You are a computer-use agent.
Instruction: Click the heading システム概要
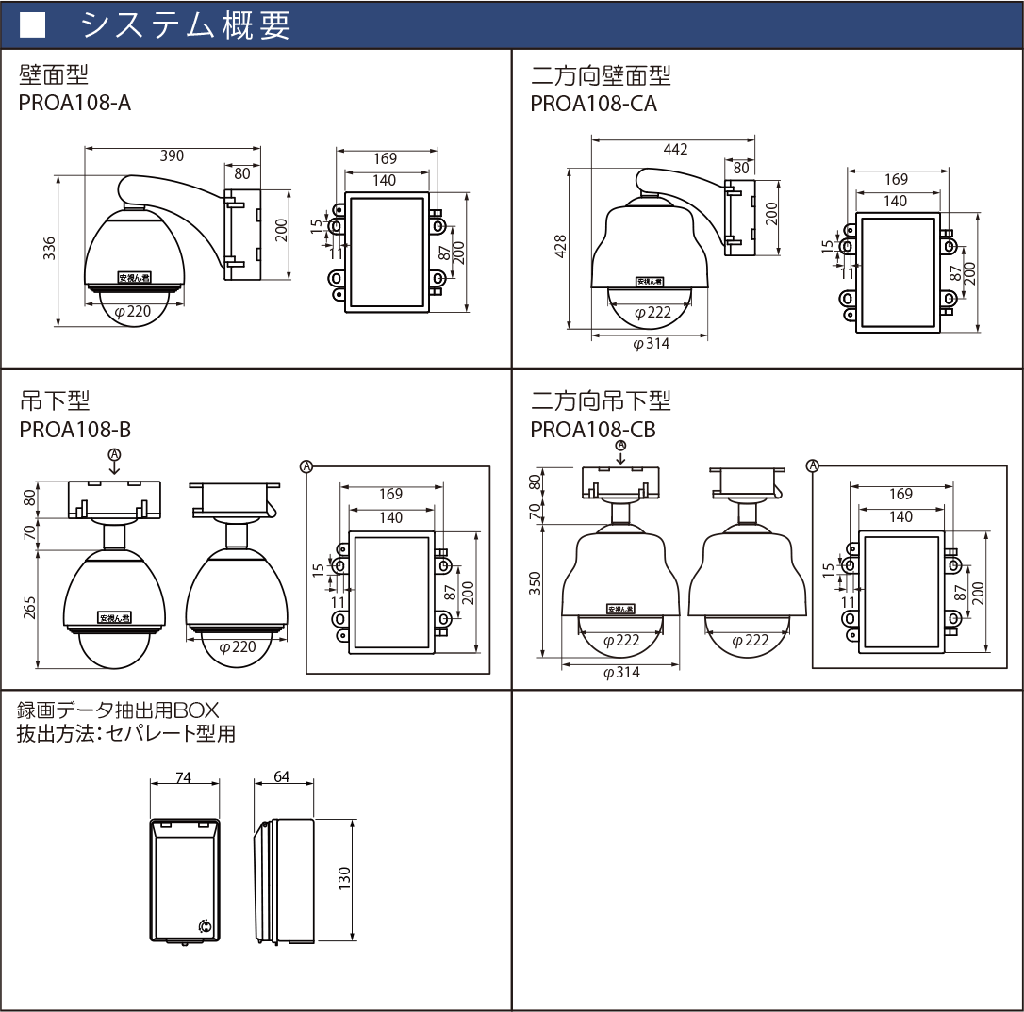[186, 25]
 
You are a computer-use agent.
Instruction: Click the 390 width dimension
[172, 156]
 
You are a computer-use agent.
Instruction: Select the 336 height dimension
[51, 248]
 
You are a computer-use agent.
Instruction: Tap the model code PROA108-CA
[593, 104]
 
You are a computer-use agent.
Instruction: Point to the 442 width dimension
[676, 149]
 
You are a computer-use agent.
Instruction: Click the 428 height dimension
[561, 248]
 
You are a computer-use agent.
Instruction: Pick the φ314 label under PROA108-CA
[651, 344]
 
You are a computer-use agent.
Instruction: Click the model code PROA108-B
[74, 430]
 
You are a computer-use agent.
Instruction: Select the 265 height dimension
[29, 609]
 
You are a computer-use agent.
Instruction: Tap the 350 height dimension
[537, 583]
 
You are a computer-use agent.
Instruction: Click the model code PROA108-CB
[593, 430]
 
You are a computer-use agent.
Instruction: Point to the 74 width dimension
[184, 777]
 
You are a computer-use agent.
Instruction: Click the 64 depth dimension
[281, 777]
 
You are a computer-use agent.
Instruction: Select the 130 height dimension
[344, 878]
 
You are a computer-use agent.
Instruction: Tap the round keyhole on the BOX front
[206, 926]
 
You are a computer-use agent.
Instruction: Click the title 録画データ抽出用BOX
[118, 710]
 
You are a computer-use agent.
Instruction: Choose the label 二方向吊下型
[601, 401]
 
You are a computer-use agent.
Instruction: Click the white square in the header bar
[33, 25]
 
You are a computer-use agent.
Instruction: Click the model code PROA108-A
[74, 103]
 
